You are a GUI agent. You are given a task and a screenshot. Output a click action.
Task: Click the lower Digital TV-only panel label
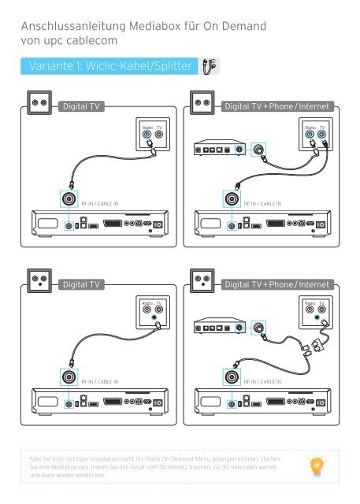[x=80, y=283]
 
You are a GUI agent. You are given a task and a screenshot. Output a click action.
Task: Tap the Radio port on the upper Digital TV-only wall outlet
[x=146, y=134]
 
